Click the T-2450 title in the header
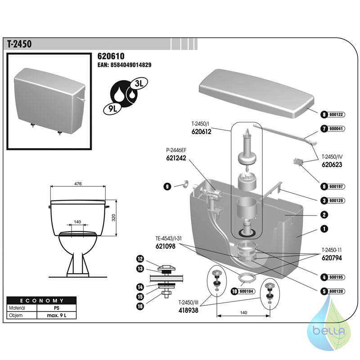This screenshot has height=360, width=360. [x=19, y=44]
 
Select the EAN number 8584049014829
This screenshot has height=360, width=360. [x=131, y=65]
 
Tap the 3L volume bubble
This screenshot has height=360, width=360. [x=139, y=84]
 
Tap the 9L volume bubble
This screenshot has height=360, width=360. [x=112, y=108]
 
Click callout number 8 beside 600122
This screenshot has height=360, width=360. [x=324, y=114]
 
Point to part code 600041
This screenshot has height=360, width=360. [x=336, y=129]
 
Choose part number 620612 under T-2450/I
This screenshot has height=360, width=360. [x=201, y=131]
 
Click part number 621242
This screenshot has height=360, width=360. [x=176, y=158]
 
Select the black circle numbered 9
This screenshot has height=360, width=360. [x=167, y=186]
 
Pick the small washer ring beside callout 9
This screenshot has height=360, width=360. [x=185, y=184]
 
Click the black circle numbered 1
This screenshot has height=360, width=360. [x=324, y=229]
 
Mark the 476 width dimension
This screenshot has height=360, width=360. [x=78, y=184]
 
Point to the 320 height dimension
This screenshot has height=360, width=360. [x=114, y=218]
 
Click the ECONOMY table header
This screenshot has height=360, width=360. [x=41, y=301]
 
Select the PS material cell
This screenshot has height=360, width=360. [x=57, y=308]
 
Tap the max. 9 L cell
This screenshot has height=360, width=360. [x=57, y=315]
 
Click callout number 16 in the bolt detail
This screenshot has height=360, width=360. [x=140, y=306]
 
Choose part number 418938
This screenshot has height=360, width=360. [x=188, y=310]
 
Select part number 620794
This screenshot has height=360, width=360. [x=332, y=258]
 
